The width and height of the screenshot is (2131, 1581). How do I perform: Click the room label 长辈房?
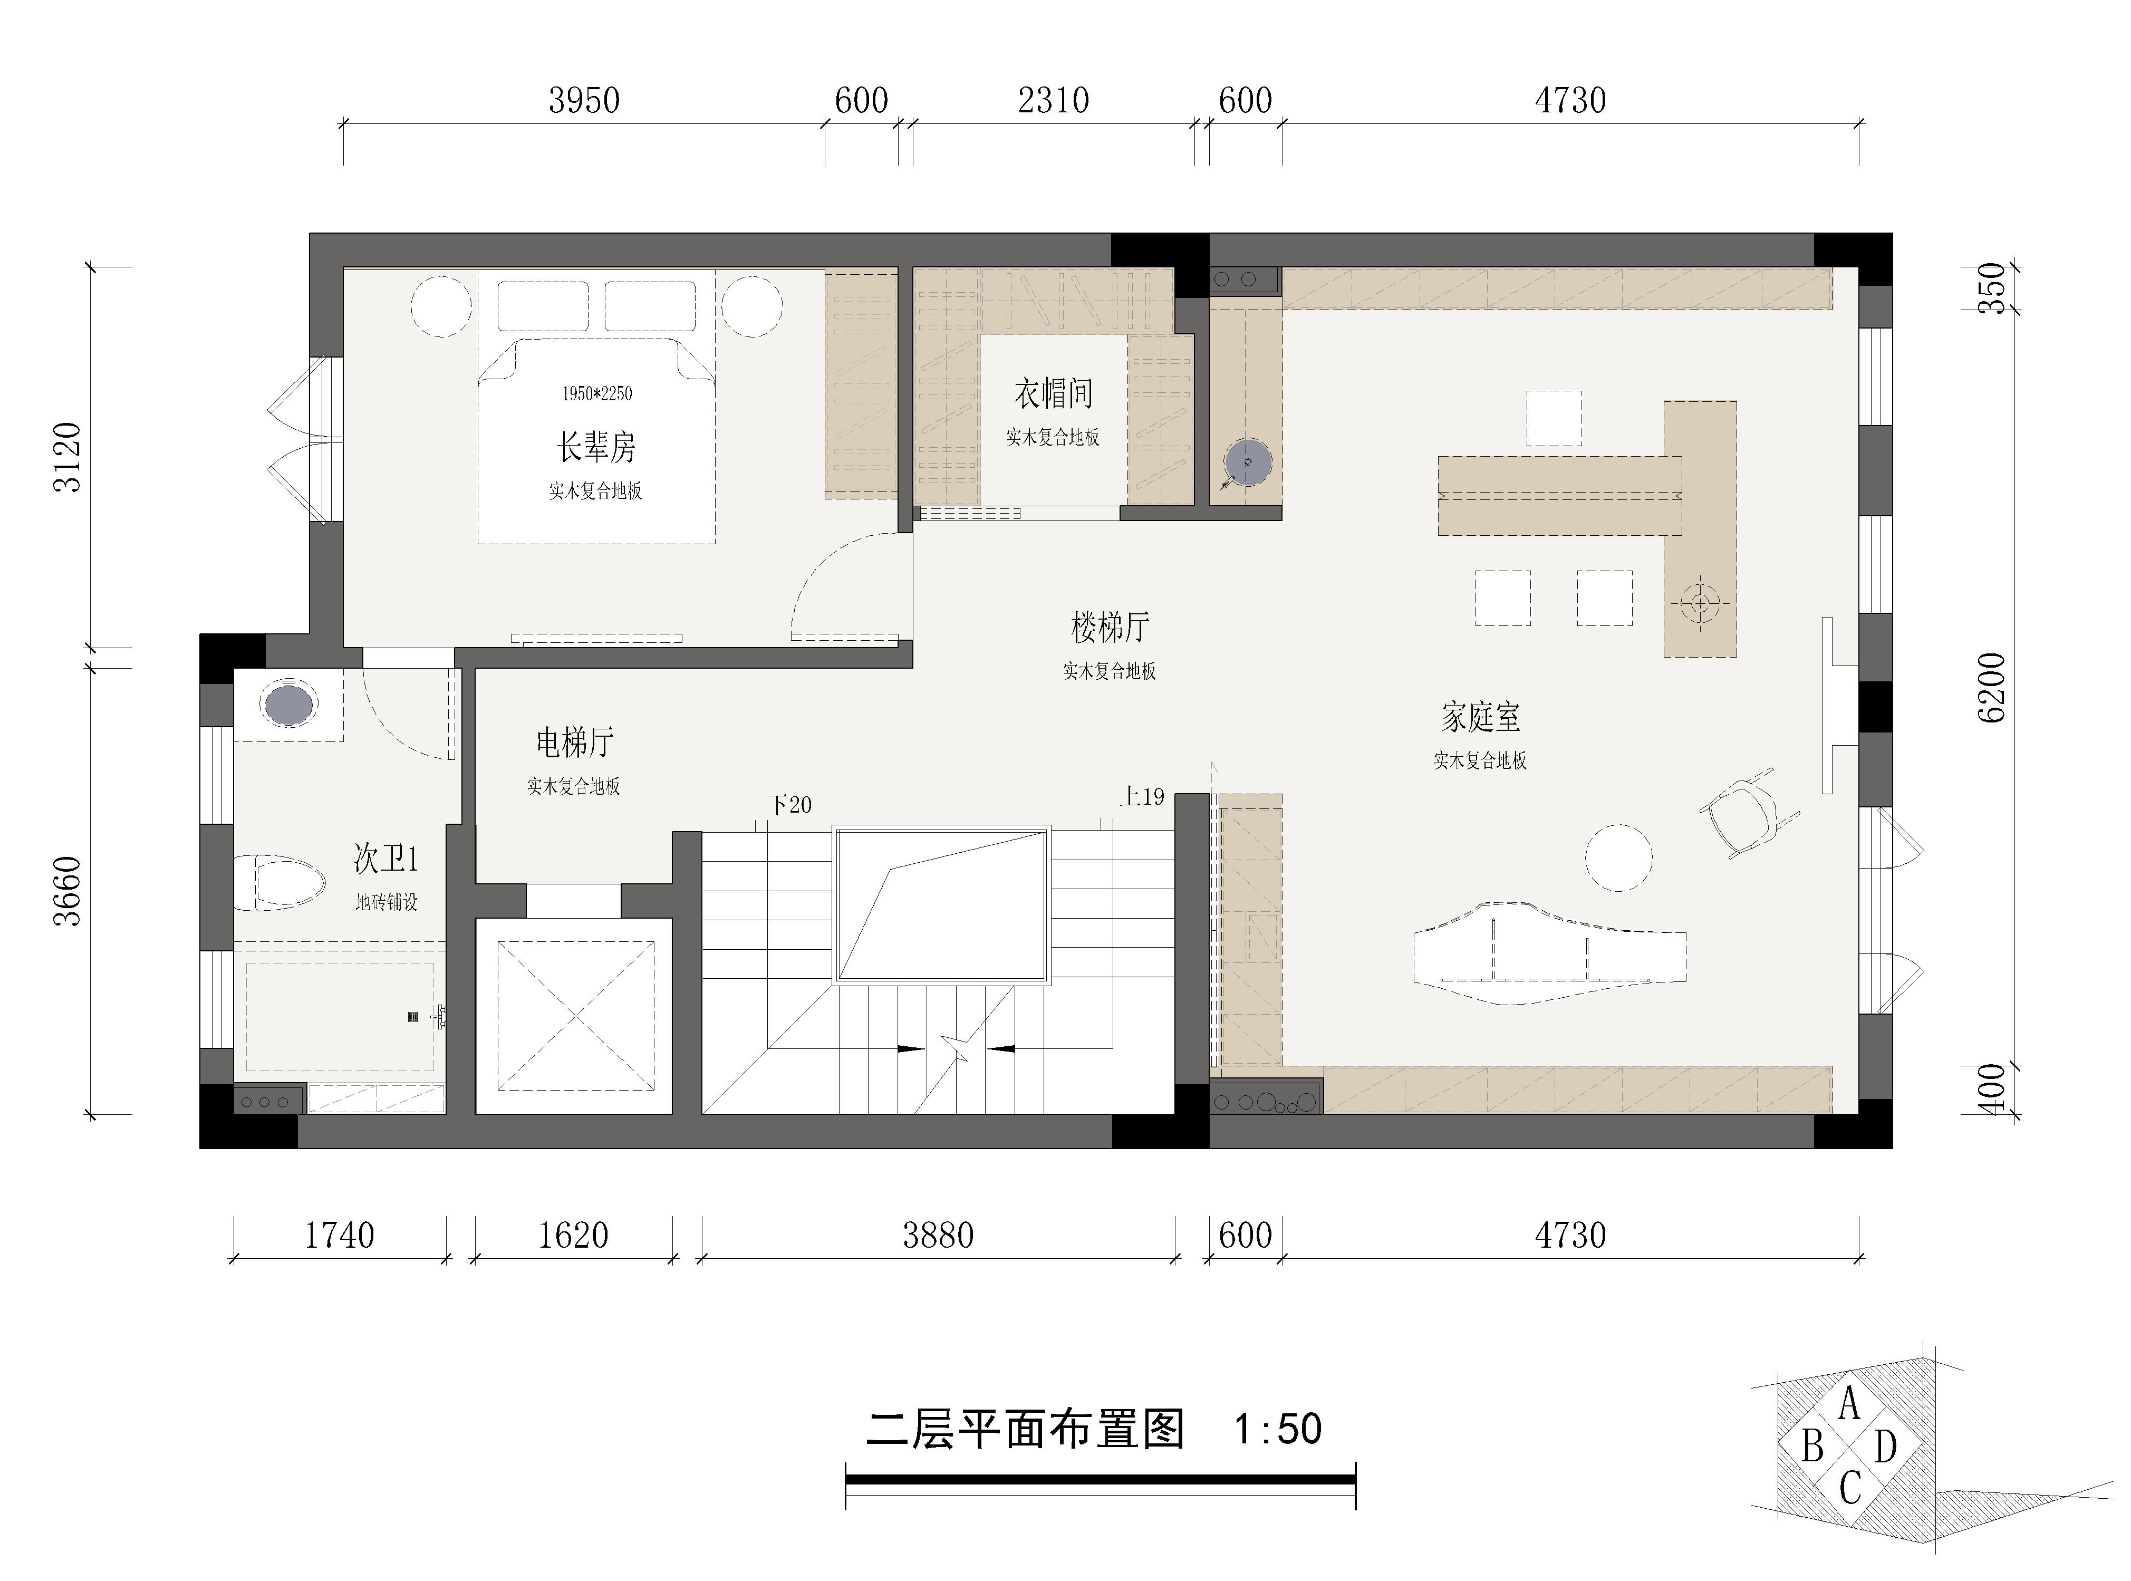(x=596, y=447)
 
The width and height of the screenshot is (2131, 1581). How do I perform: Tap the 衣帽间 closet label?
(x=1053, y=393)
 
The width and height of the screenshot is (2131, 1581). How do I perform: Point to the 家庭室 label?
(x=1480, y=717)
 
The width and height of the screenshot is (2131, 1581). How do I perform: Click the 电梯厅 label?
(x=574, y=741)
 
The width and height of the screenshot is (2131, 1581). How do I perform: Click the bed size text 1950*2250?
(x=596, y=393)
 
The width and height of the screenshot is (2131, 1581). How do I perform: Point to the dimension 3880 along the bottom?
(x=938, y=1236)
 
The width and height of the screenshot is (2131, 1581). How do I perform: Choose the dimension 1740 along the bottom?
(x=339, y=1236)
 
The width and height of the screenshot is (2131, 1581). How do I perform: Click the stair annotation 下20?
(x=790, y=804)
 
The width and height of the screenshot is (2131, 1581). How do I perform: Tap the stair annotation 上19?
(x=1143, y=796)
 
